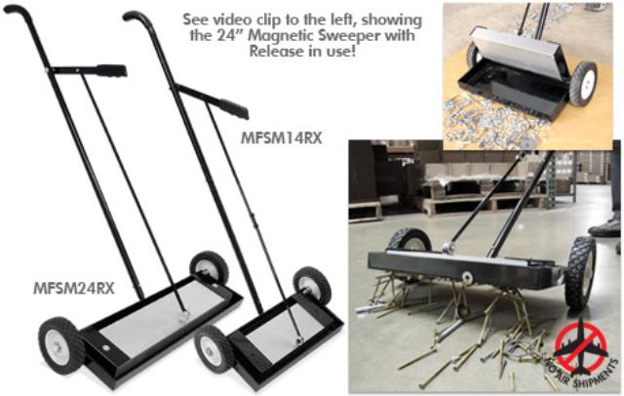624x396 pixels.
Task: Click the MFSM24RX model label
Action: point(74,288)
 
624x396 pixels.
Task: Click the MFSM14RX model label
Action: point(281,138)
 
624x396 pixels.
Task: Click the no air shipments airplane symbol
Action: point(581,350)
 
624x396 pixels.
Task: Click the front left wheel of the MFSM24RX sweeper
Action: point(60,345)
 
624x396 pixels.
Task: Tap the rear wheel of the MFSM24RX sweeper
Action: point(209,267)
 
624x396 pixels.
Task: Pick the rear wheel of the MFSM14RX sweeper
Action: point(312,286)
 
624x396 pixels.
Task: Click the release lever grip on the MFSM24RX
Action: point(111,70)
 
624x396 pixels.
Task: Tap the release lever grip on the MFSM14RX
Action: point(234,108)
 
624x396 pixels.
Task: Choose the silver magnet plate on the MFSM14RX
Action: point(284,329)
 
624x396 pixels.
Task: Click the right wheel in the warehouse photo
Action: point(580,273)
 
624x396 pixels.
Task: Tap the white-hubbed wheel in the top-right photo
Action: point(583,84)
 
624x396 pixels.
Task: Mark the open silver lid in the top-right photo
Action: point(518,53)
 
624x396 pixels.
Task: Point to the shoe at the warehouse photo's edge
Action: point(604,228)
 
